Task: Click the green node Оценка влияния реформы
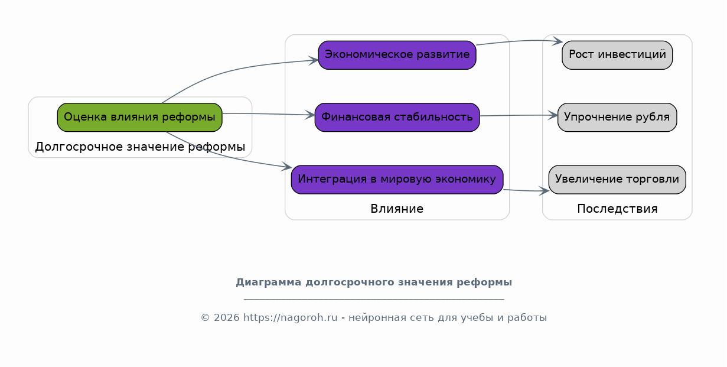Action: coord(139,117)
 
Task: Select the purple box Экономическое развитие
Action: coord(397,55)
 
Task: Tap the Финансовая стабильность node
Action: coord(397,117)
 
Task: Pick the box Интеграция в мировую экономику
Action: coord(397,180)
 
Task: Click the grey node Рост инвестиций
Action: coord(617,55)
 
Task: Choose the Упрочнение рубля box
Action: coord(617,117)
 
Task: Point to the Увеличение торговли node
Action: coord(617,180)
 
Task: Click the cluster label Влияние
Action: coord(397,209)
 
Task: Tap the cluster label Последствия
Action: coord(617,209)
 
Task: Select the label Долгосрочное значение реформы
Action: coord(140,147)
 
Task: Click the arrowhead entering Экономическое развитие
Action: coord(313,60)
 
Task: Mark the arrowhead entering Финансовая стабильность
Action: coord(310,115)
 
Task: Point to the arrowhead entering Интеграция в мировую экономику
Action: coord(286,167)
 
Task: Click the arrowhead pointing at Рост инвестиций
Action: coord(558,41)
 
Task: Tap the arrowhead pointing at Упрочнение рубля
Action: coord(553,115)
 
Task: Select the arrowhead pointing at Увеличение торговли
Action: coord(544,191)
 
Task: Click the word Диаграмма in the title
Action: coord(268,282)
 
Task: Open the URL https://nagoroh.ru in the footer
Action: coord(291,317)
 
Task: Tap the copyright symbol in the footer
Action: coord(205,317)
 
